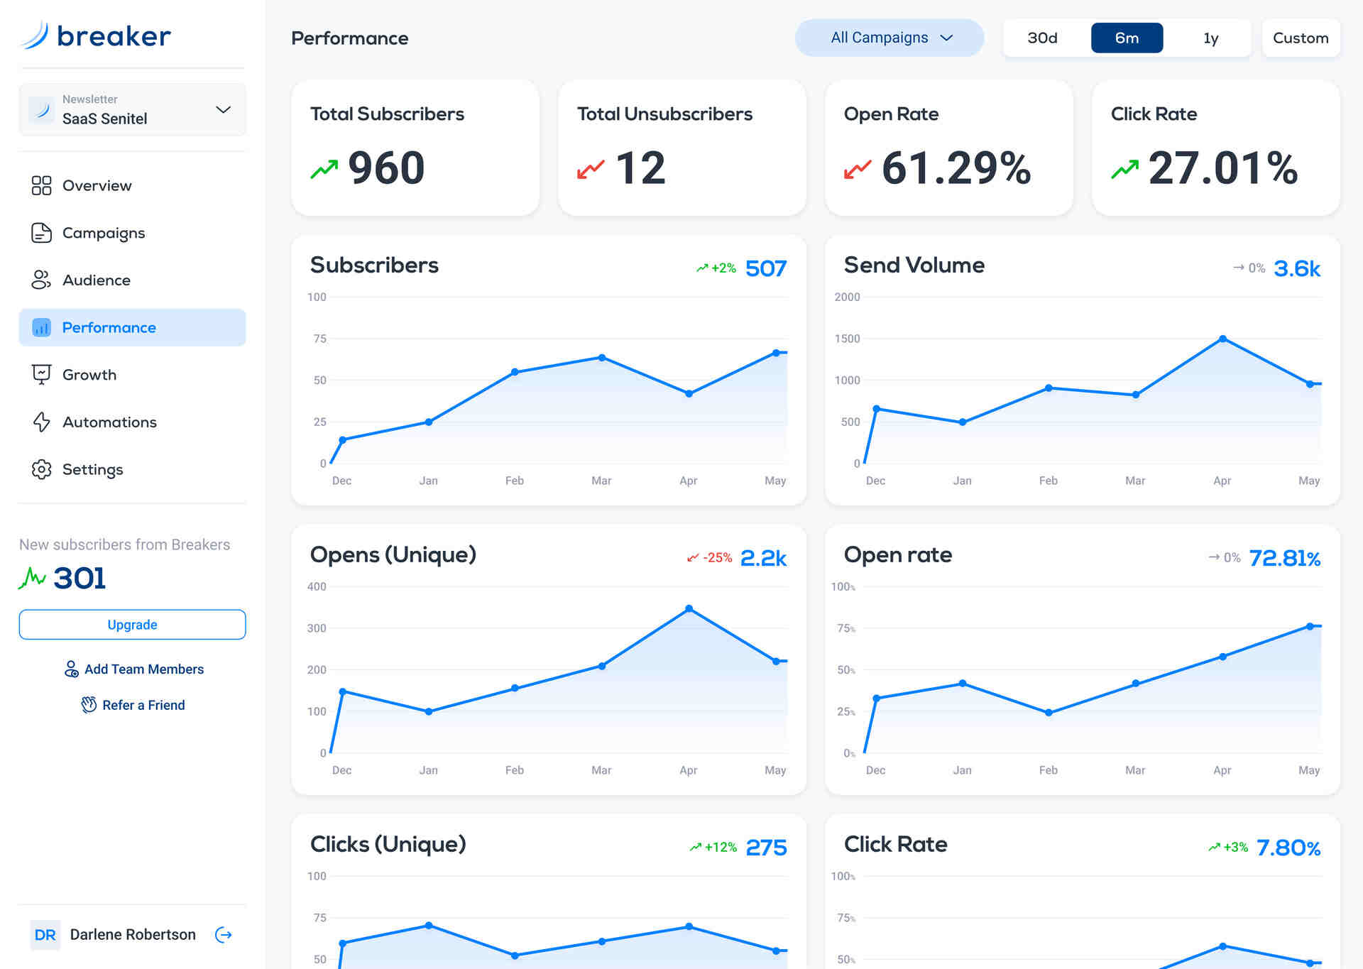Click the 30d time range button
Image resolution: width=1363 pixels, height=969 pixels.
(x=1042, y=38)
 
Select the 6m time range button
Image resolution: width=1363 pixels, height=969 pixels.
(x=1127, y=38)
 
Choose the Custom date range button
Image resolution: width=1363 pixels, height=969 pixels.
(x=1300, y=38)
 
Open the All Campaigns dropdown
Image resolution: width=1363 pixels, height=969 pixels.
(x=889, y=38)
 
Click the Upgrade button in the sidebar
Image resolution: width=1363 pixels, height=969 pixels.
(x=132, y=625)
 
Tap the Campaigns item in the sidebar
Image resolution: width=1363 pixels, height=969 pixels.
(x=104, y=233)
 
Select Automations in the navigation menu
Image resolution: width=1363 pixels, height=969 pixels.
(x=109, y=422)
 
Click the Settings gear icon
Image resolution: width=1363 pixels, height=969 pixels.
(x=42, y=469)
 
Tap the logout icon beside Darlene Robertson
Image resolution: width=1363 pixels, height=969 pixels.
(x=224, y=934)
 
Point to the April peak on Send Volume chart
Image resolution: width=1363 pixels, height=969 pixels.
(x=1222, y=339)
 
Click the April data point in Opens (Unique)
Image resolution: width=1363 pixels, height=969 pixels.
(x=689, y=609)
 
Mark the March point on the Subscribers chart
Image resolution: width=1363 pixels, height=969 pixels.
(x=601, y=358)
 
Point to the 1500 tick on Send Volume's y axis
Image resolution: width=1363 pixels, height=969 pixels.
(x=847, y=339)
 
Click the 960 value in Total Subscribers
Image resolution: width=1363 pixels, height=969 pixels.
(x=386, y=168)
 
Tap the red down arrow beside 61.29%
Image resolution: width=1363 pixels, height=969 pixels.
(x=858, y=170)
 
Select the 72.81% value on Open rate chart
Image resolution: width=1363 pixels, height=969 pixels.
(x=1284, y=559)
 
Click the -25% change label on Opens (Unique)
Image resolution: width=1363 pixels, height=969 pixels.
(x=717, y=558)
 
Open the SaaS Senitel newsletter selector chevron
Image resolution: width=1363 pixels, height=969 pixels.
(x=223, y=109)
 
